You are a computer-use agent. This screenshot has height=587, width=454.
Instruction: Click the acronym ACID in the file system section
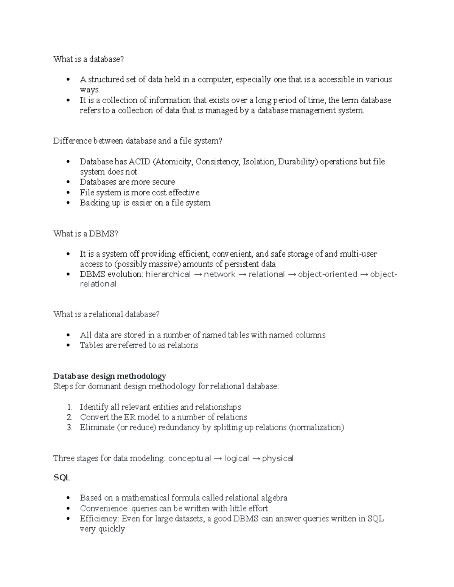click(x=140, y=162)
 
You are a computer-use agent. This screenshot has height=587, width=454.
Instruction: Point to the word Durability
click(x=298, y=162)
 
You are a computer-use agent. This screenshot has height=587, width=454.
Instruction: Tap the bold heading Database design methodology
click(x=110, y=376)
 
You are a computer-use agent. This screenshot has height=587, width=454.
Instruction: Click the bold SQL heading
click(x=62, y=477)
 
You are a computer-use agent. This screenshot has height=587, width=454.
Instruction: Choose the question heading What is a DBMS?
click(x=86, y=234)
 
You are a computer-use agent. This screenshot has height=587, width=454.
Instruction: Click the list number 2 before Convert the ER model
click(x=70, y=417)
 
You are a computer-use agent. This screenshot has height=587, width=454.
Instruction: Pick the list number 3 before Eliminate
click(x=70, y=427)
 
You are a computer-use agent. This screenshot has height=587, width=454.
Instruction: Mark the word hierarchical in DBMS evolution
click(x=168, y=274)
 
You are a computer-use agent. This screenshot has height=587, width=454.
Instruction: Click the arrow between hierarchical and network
click(x=197, y=274)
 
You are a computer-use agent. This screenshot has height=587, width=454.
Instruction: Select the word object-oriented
click(x=328, y=274)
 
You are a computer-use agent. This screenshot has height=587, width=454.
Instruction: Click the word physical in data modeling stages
click(x=278, y=458)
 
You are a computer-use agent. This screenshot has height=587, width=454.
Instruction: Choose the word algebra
click(x=273, y=498)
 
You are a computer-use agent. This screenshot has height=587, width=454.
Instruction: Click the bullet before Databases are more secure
click(x=68, y=182)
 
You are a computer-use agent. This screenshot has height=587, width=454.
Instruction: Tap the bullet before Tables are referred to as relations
click(x=68, y=345)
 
